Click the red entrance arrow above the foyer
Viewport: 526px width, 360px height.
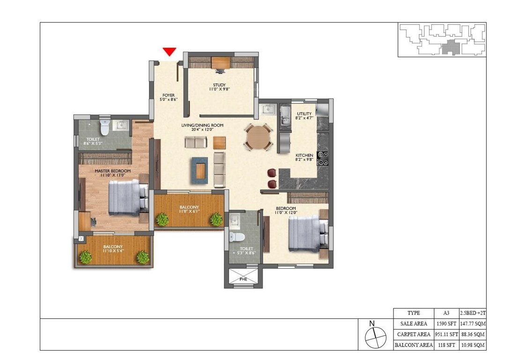pos(169,52)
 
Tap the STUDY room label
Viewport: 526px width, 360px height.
pos(219,84)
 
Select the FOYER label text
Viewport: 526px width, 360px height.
pos(168,95)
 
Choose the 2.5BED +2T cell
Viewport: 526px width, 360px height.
pos(472,313)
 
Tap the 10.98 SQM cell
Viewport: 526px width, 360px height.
pos(472,345)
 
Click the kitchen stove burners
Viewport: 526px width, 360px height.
pos(322,158)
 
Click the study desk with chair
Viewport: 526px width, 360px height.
pos(221,64)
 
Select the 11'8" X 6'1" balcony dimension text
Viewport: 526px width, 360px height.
pos(189,211)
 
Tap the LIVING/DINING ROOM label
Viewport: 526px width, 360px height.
pos(202,126)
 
